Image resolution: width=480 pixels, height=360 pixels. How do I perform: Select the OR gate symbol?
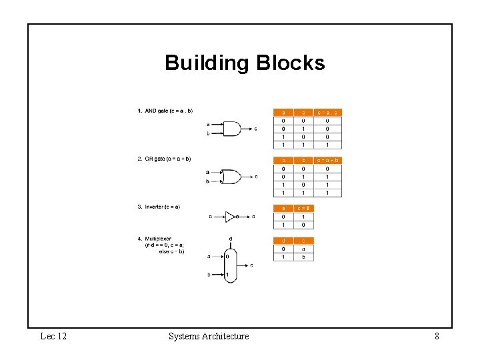point(231,177)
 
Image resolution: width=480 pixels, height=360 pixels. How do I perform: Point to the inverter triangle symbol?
point(230,217)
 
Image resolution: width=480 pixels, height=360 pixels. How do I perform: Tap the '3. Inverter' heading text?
point(158,207)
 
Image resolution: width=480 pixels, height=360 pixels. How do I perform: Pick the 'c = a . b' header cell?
point(328,113)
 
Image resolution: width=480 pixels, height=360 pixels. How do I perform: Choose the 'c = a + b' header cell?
point(328,161)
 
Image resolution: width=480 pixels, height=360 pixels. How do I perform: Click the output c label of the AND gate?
point(255,129)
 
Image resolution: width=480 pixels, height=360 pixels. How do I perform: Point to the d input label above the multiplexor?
point(230,239)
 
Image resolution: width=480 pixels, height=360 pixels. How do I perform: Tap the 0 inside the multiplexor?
point(227,256)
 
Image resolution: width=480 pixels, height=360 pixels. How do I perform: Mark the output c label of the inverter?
point(253,217)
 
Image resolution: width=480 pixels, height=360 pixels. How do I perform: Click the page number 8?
point(437,337)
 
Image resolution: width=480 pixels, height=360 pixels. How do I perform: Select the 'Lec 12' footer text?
point(53,337)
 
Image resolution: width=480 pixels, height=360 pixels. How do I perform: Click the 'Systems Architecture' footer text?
point(209,337)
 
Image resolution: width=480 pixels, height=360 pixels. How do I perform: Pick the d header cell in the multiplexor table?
point(283,241)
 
